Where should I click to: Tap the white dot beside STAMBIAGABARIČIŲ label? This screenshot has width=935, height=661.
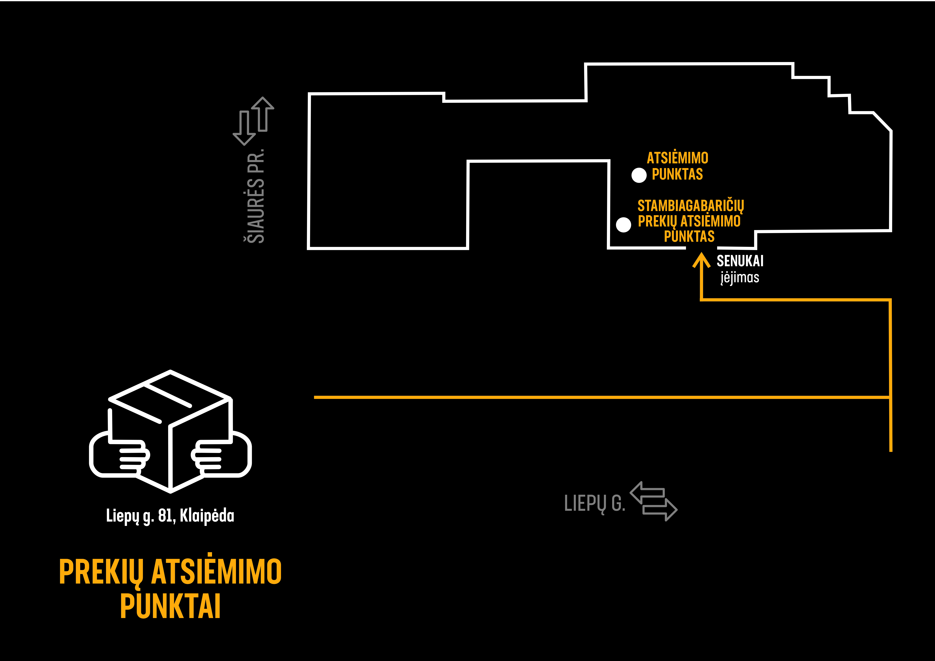click(x=623, y=225)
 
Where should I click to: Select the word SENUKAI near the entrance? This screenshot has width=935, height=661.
click(x=740, y=261)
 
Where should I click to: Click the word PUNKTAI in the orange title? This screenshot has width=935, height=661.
click(x=170, y=607)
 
